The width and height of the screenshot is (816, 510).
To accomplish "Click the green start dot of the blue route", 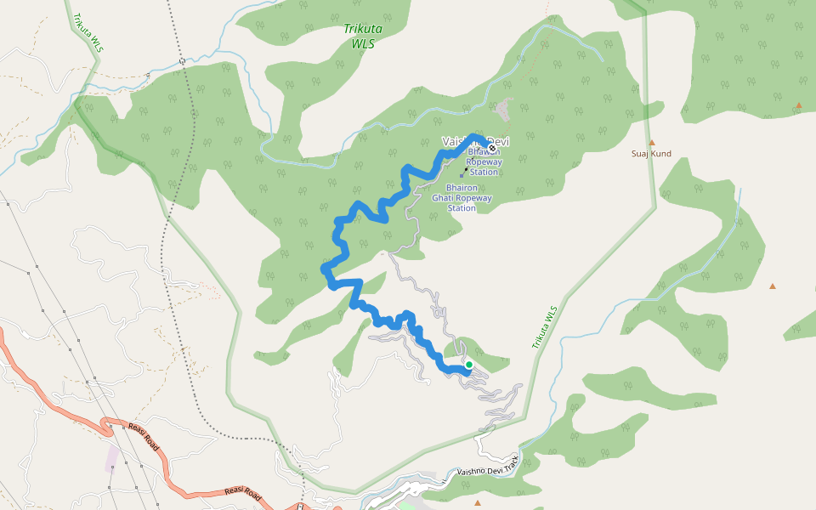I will coord(468,365).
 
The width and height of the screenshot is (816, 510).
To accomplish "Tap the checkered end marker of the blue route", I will coord(491,150).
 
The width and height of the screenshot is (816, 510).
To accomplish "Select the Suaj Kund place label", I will coord(651,154).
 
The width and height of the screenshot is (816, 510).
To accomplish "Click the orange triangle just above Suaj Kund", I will coord(652,142).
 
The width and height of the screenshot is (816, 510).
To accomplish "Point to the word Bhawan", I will coord(484,151).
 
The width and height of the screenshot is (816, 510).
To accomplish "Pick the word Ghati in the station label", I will coord(445,198).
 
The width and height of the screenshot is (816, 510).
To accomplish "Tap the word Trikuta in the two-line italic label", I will coord(363,28).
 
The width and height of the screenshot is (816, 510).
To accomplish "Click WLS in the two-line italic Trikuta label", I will coord(363,42).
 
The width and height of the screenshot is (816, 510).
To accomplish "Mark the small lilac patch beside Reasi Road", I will coord(112,457).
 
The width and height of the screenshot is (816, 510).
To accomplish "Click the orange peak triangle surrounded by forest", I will coord(798,105).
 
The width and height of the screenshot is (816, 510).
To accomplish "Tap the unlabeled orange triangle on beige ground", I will coord(773,286).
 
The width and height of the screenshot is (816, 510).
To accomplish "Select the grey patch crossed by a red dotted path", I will coord(506,109).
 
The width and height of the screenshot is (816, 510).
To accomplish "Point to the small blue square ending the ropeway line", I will coord(462,177).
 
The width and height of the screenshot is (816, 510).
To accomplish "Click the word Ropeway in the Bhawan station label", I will coord(484,161).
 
